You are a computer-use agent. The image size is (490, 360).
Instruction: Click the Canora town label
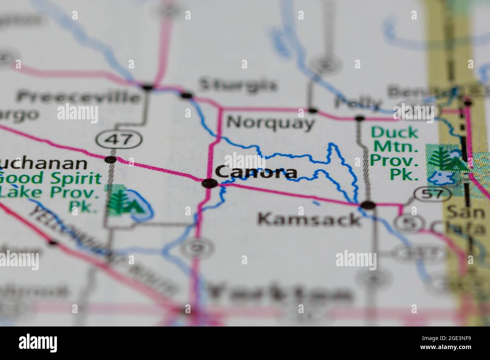256,173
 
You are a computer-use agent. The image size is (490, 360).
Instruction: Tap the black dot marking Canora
209,184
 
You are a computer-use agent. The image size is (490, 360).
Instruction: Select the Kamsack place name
309,219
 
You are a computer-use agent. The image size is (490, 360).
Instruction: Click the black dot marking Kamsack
368,205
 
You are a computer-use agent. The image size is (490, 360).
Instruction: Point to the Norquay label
271,122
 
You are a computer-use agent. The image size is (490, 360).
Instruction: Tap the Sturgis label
237,85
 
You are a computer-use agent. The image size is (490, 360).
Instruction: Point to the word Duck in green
389,133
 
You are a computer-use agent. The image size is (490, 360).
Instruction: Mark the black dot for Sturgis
186,95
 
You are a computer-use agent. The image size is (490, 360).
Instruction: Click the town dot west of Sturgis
148,87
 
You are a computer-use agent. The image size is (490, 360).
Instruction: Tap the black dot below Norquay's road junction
312,111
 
